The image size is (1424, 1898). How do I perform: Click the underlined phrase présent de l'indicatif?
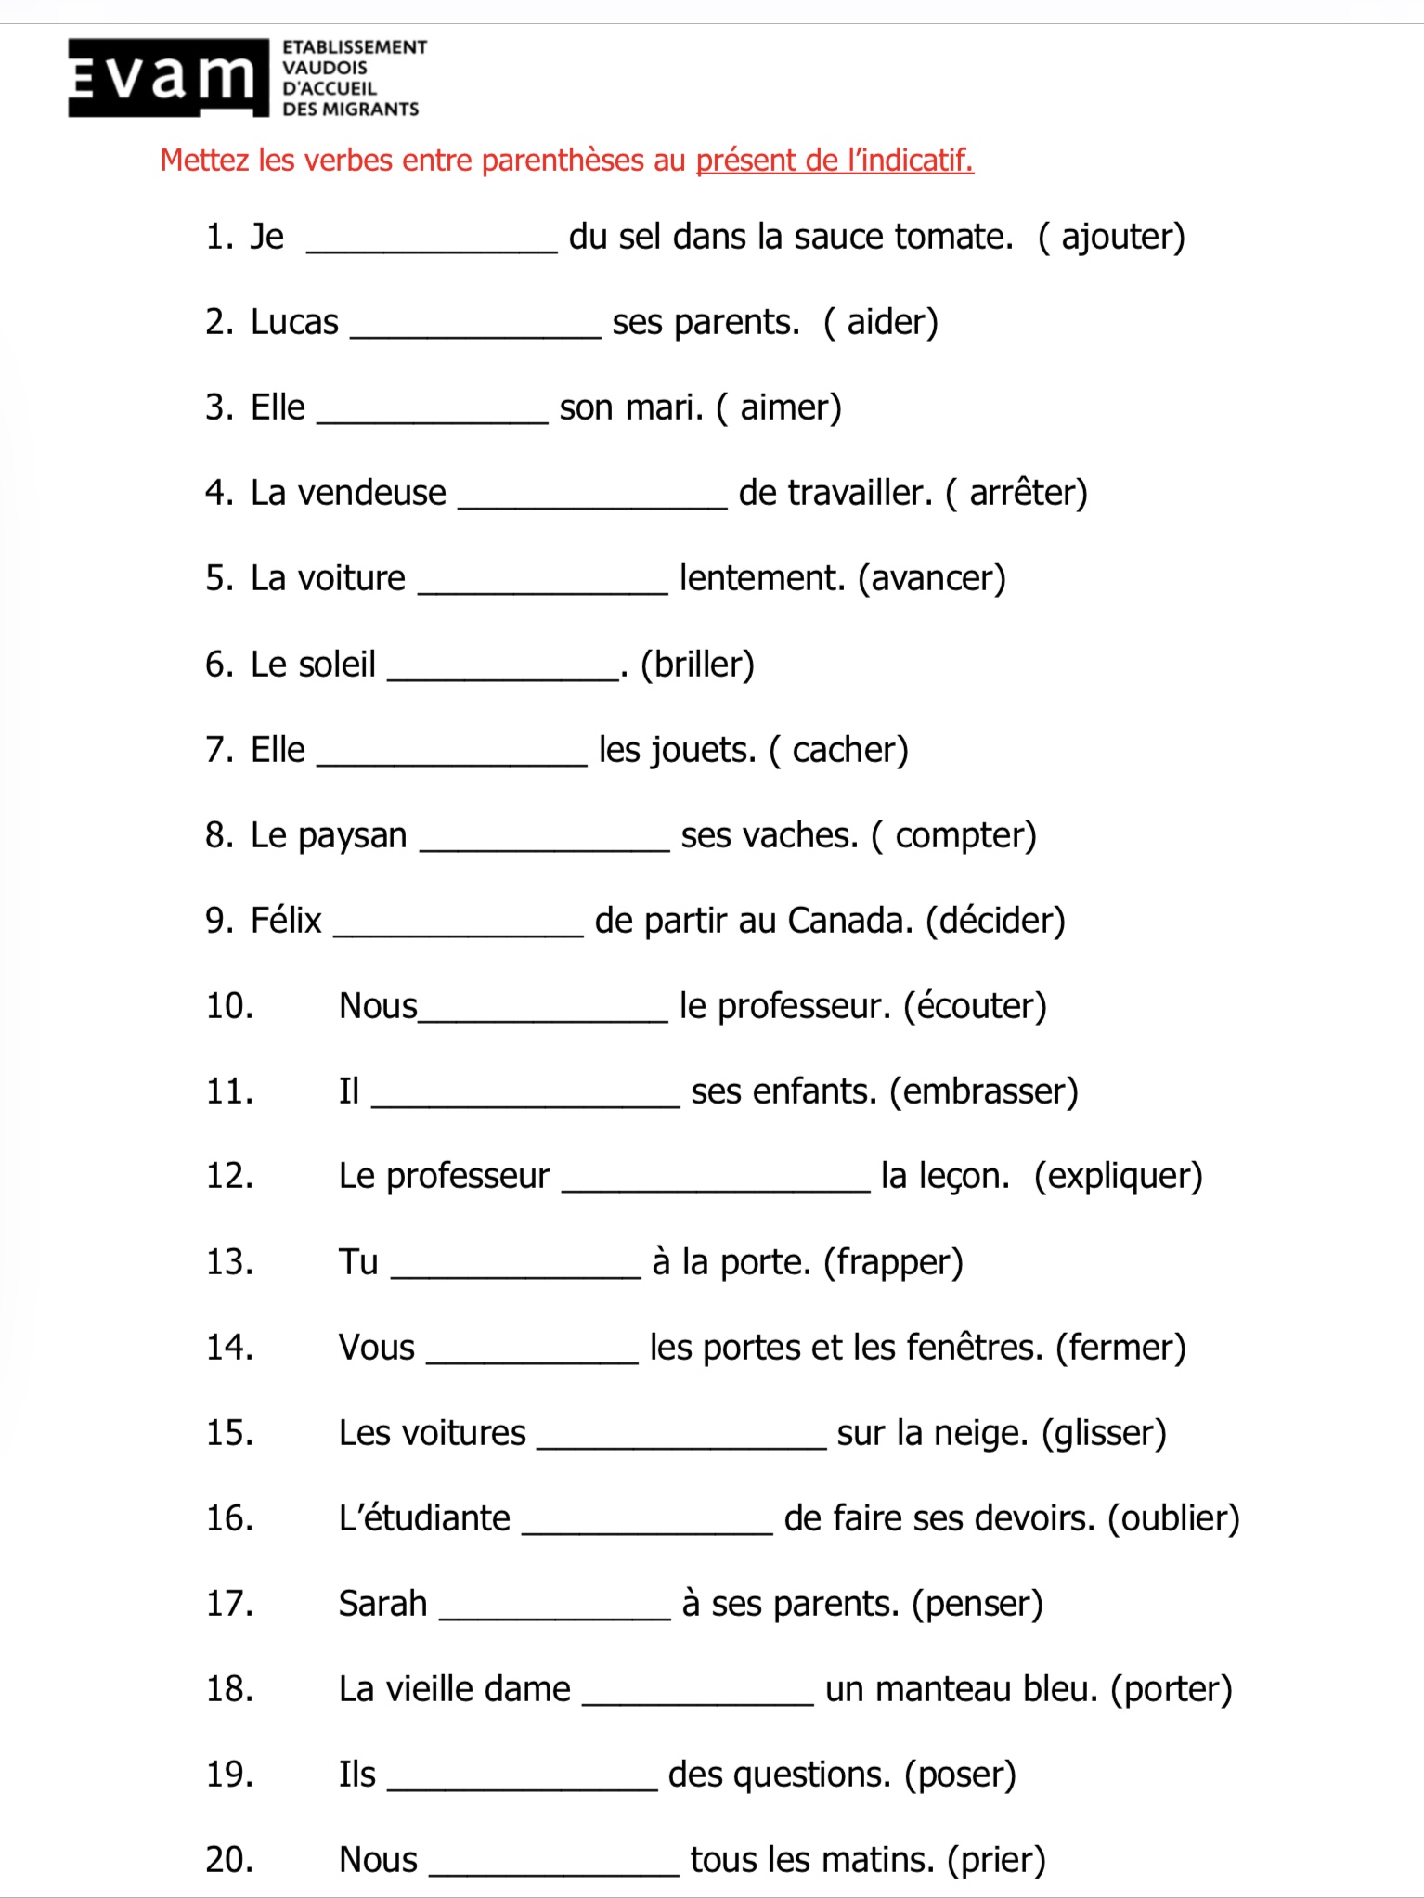834,161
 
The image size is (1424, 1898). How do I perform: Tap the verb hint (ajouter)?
1111,238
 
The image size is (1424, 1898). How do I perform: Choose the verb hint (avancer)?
931,579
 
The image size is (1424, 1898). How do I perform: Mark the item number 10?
229,1007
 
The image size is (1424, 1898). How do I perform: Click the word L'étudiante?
424,1518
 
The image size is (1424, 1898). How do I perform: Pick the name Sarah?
382,1605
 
